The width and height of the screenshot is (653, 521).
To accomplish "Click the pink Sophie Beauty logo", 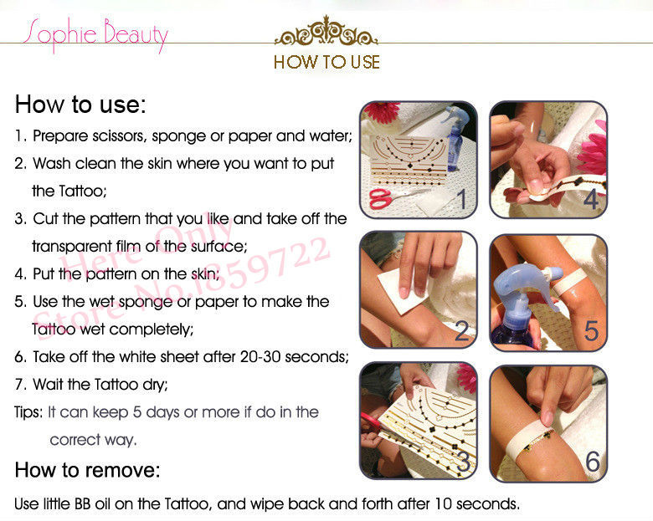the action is coord(95,35).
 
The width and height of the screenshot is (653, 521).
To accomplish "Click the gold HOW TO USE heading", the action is coord(326,63).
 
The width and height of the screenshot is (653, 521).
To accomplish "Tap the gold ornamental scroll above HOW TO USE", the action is coord(326,31).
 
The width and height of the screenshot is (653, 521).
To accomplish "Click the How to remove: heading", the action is coord(87,471).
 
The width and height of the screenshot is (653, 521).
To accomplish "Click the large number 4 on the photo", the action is coord(591,199).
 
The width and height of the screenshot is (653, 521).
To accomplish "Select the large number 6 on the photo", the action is coord(593,462).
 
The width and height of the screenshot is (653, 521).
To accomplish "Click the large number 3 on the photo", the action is coord(463,461).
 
